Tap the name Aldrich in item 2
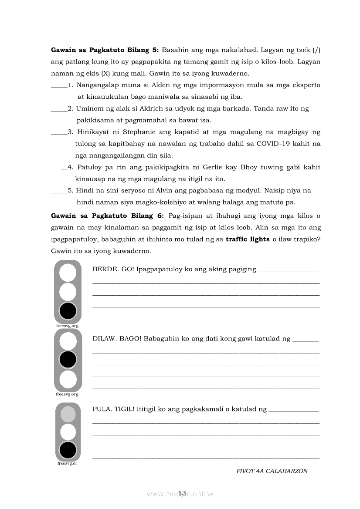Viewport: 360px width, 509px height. click(143, 108)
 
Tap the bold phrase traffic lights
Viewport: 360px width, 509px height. click(248, 239)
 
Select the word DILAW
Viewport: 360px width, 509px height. click(104, 338)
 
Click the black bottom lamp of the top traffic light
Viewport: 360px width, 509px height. click(68, 311)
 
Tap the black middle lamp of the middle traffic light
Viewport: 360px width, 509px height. click(68, 360)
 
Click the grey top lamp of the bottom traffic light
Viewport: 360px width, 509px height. click(68, 414)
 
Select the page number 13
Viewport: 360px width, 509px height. click(182, 493)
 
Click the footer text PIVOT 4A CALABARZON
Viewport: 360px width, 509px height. click(272, 471)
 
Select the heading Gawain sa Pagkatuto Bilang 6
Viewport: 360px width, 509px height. click(107, 216)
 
